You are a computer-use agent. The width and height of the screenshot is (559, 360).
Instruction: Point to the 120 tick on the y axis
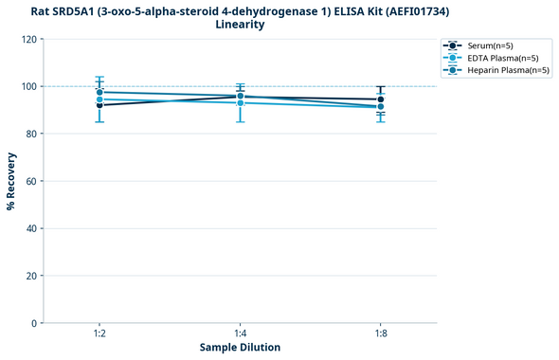pos(29,39)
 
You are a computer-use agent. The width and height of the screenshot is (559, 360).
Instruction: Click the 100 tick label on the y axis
pos(29,86)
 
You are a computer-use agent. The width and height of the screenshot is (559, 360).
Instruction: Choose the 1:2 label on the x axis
pos(99,334)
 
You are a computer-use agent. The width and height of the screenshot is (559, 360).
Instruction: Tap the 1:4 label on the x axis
pos(241,334)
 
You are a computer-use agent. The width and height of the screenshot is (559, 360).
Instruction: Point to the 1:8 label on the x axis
pos(381,334)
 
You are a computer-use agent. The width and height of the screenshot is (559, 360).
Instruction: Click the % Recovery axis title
pos(11,181)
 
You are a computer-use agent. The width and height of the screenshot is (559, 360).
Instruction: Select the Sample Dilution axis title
pos(240,348)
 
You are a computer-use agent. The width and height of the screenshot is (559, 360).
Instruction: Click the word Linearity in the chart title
pos(240,25)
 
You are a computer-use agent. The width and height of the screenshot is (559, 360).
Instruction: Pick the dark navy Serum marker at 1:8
pos(381,99)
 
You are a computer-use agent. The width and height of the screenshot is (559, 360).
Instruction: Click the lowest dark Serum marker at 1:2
pos(99,105)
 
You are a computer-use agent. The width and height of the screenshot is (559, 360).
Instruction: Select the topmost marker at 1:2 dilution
pos(99,92)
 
